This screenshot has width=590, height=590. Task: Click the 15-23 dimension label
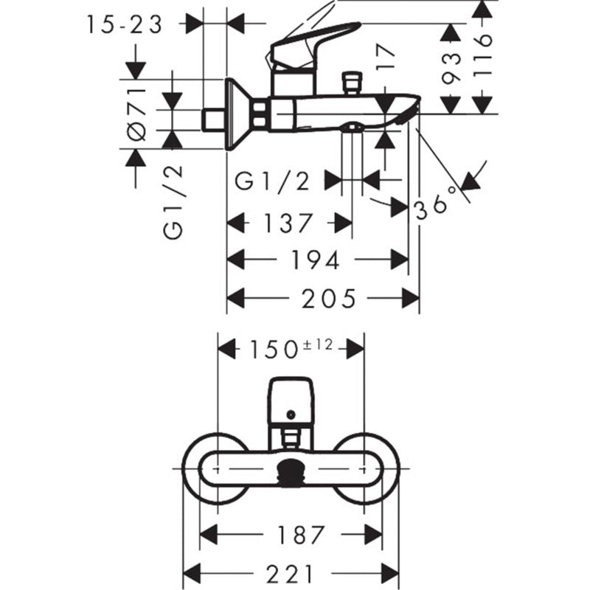(125, 25)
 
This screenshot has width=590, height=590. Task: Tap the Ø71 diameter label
(136, 114)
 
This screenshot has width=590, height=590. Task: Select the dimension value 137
(288, 223)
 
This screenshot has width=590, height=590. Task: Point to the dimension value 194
(316, 260)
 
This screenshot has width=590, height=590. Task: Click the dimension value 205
(329, 299)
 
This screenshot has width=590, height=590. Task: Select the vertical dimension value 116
(482, 56)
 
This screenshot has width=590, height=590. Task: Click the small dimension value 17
(386, 57)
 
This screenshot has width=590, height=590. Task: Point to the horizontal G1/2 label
(272, 181)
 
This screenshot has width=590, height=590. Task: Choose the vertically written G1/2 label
(173, 202)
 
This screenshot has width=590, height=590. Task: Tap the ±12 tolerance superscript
(318, 344)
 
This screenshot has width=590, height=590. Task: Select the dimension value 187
(301, 535)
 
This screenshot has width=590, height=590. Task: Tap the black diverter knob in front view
(290, 473)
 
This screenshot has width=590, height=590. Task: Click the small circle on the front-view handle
(291, 414)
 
